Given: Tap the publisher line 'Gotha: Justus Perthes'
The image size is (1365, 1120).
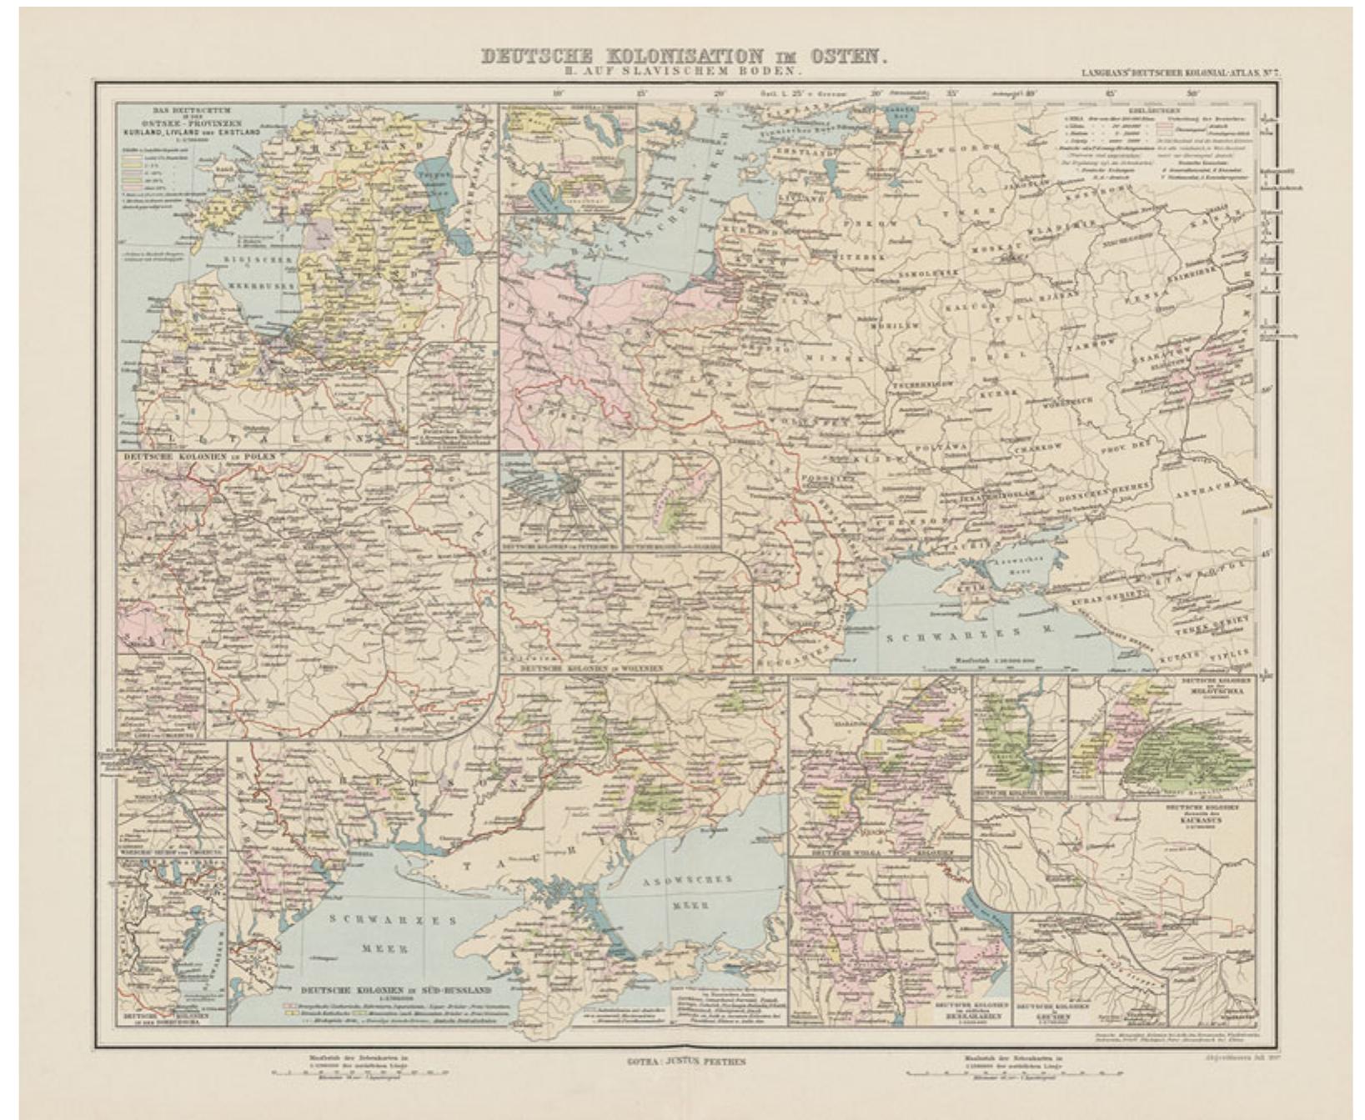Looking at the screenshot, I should click(685, 1061).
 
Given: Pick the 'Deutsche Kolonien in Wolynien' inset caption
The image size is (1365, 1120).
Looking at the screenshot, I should click(592, 668).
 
